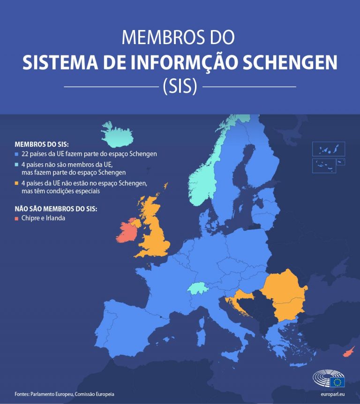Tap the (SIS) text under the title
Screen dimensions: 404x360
(180, 86)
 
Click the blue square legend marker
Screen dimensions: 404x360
(17, 154)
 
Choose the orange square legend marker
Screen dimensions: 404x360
(17, 183)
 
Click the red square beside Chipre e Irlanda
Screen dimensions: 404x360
(17, 218)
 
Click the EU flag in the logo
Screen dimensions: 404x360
(337, 381)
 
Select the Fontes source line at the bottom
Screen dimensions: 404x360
(64, 394)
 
